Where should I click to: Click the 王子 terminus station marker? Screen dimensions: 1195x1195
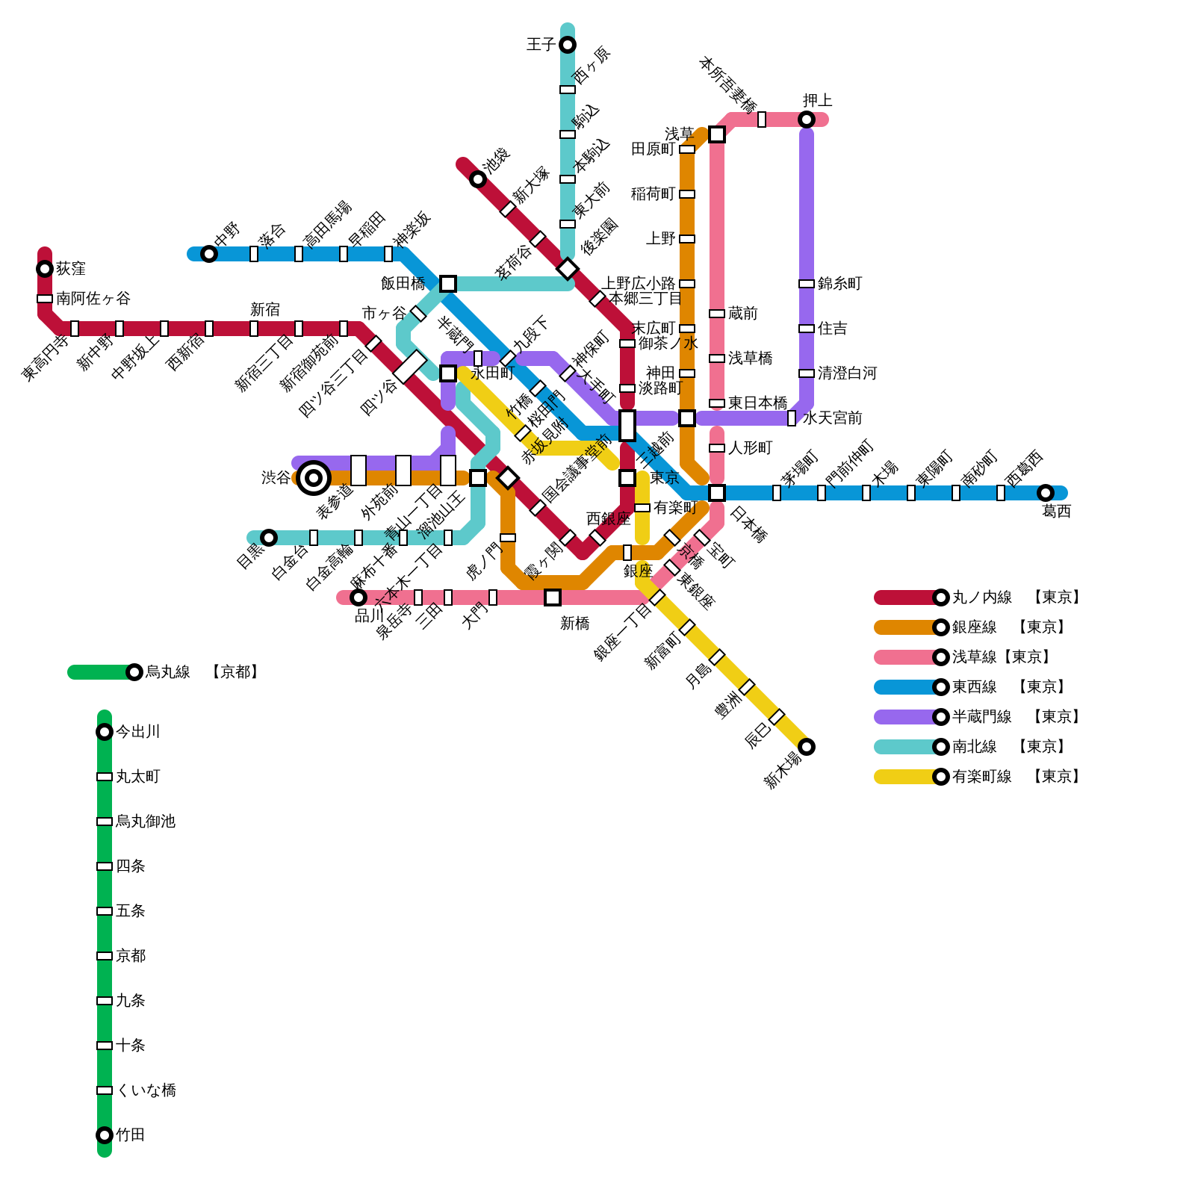coord(568,45)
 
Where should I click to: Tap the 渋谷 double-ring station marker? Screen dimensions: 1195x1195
coord(314,478)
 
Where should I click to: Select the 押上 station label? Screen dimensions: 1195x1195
coord(818,100)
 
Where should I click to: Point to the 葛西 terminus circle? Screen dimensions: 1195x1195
coord(1046,493)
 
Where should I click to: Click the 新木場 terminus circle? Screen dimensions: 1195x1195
coord(807,747)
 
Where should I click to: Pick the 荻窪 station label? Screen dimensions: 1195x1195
coord(71,269)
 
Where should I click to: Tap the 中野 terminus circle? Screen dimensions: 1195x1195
coord(209,254)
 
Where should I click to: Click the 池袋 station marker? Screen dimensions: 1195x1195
coord(478,179)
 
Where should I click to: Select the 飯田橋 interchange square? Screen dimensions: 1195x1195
coord(448,284)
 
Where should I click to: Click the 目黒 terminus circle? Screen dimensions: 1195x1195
coord(269,538)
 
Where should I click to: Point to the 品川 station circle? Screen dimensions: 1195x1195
coord(358,597)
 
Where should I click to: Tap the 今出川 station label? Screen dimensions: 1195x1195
coord(138,732)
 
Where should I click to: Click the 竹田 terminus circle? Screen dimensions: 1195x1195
coord(105,1135)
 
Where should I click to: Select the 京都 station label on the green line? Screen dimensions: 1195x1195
coord(131,956)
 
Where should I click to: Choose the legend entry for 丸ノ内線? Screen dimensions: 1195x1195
coord(981,597)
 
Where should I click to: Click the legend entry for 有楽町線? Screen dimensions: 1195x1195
coord(981,777)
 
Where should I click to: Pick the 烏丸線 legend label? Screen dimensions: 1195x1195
coord(168,672)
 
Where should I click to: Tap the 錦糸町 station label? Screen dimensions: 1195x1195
coord(839,284)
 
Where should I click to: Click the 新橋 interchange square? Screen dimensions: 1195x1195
coord(553,597)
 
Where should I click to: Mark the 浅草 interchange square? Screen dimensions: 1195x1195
coord(717,134)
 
